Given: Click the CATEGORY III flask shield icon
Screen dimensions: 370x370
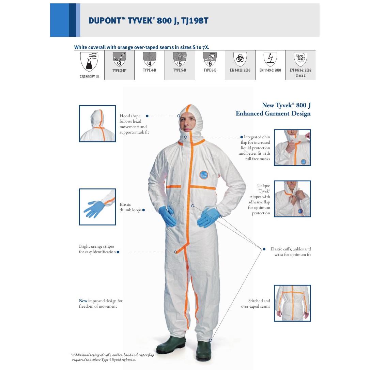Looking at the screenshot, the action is (89, 62).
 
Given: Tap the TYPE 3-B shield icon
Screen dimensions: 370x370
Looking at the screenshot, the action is (119, 59).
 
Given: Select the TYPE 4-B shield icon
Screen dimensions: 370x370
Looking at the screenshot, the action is (149, 59).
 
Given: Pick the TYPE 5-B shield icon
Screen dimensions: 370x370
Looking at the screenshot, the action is (180, 59).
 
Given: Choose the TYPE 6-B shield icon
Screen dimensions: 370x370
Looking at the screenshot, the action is (210, 59).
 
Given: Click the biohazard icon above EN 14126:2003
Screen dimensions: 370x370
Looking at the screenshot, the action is (240, 59).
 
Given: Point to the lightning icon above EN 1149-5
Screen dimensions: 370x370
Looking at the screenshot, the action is (270, 59).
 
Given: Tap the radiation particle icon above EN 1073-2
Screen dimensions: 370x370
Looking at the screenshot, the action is (300, 59).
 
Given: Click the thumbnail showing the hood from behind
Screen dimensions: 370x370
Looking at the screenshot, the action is (97, 124).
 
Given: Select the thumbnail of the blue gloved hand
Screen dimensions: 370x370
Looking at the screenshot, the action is (97, 207).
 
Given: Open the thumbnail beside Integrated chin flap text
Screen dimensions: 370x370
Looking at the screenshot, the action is (292, 148).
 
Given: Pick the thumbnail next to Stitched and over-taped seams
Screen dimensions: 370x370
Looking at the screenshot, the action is (292, 303).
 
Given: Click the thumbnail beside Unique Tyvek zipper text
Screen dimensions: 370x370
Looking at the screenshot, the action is (292, 199).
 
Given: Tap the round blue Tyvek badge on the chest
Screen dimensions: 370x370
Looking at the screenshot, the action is (203, 175).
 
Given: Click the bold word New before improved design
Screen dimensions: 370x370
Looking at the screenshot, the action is (83, 301).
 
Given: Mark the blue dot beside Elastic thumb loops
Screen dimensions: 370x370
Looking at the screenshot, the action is (143, 210).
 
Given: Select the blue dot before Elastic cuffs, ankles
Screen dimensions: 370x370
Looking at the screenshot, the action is (264, 249).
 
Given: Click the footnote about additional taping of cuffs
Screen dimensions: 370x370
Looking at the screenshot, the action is (112, 357).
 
